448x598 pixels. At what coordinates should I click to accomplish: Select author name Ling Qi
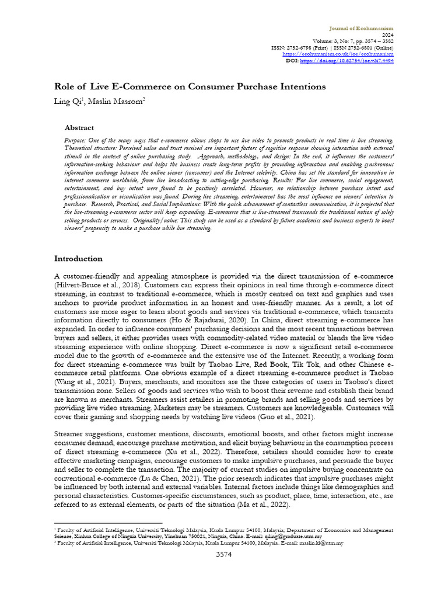pos(66,101)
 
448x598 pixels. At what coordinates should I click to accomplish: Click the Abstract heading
pos(79,127)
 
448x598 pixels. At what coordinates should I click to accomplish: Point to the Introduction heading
pos(78,258)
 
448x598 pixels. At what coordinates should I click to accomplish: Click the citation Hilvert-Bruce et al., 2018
pos(93,284)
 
